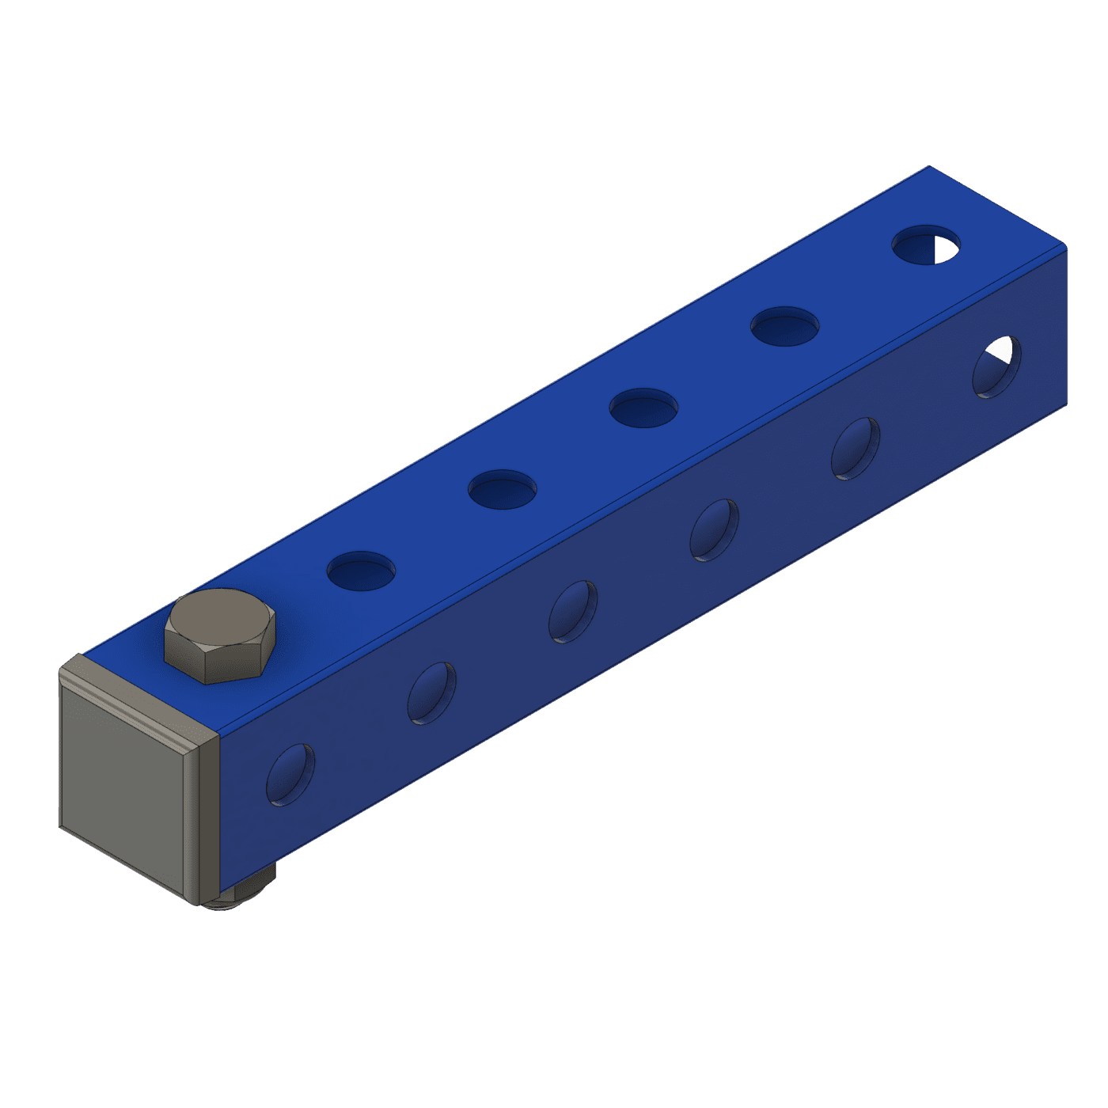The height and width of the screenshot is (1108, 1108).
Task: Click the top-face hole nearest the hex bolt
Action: [361, 571]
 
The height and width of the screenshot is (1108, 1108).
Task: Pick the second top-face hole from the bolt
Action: [502, 489]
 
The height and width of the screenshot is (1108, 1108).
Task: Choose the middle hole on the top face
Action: [643, 408]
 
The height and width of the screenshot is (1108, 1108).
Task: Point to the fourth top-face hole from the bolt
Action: [784, 325]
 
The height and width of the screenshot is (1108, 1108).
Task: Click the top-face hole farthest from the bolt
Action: [925, 245]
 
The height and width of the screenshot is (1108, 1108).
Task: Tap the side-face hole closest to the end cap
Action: [290, 775]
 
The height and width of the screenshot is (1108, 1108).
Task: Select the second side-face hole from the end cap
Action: [431, 693]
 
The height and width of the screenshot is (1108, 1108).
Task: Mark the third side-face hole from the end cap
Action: [573, 612]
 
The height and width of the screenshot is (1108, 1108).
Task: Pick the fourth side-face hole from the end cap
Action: [714, 530]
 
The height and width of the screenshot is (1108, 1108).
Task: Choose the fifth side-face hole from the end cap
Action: [856, 449]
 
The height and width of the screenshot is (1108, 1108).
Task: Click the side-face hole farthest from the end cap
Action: [996, 366]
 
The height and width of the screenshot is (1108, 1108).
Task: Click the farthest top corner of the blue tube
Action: [928, 167]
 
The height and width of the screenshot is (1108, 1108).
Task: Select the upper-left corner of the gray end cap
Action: [62, 670]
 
